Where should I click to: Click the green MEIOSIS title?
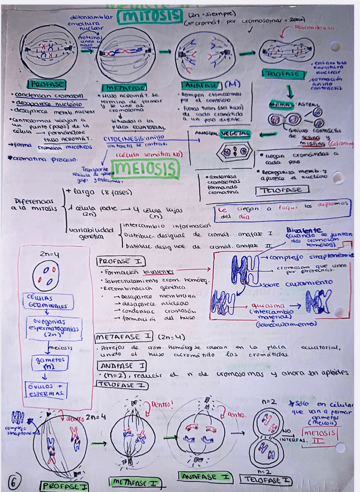[x=147, y=169]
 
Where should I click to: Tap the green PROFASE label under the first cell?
[x=49, y=85]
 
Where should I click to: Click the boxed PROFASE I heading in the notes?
[x=121, y=261]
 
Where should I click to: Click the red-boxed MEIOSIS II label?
[x=321, y=436]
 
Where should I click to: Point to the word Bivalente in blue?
[x=303, y=230]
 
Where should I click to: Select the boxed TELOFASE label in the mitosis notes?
[x=280, y=190]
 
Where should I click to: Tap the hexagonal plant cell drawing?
[x=233, y=153]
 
